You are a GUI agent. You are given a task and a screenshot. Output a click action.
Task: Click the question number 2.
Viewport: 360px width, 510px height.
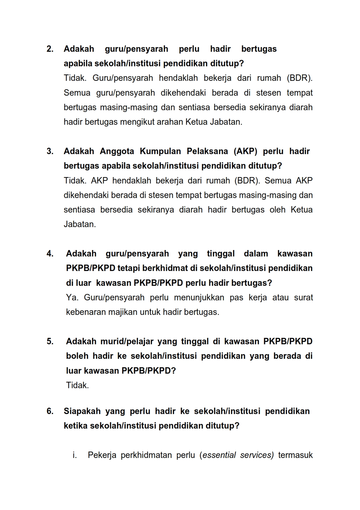pos(50,49)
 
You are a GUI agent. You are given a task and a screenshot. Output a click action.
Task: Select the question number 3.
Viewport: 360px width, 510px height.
pos(50,151)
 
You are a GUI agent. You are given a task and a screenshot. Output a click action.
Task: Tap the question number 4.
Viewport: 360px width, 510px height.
pos(50,254)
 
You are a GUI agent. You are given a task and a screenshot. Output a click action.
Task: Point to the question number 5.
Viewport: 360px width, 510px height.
pos(50,341)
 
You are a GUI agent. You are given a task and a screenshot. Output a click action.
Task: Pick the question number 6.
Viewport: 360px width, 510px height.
pos(50,411)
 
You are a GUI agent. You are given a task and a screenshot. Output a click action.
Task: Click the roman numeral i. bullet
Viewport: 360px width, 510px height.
pos(75,455)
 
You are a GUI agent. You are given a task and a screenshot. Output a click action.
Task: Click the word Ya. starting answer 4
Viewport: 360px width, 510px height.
pos(72,297)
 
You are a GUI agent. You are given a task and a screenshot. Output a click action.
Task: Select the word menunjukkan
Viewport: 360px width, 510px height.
pos(199,297)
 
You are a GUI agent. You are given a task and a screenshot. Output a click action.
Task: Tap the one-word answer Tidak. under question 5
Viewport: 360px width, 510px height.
pos(77,385)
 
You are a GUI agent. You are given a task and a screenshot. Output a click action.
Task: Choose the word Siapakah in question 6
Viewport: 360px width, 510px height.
pos(82,411)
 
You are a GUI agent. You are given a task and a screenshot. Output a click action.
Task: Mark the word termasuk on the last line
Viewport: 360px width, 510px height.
pos(295,455)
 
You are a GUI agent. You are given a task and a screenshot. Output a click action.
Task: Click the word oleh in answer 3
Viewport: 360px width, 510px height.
pos(277,210)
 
